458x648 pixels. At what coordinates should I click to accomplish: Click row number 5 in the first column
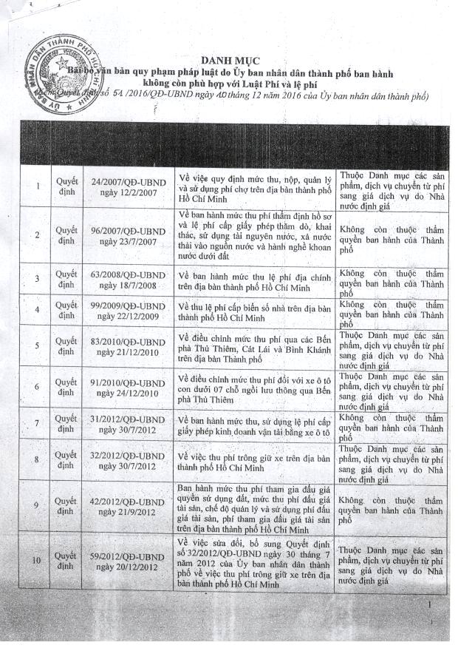(38, 346)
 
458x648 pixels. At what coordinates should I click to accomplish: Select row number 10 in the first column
(37, 559)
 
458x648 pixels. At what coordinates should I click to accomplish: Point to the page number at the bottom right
(430, 606)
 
